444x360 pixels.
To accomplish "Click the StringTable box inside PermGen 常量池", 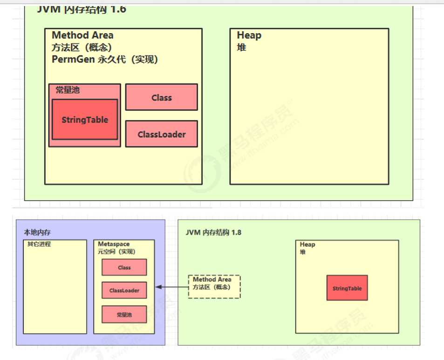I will pyautogui.click(x=85, y=120).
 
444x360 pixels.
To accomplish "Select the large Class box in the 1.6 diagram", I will pyautogui.click(x=161, y=97).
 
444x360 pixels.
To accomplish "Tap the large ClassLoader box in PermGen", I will pyautogui.click(x=161, y=134).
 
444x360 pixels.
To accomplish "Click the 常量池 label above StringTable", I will pyautogui.click(x=68, y=90).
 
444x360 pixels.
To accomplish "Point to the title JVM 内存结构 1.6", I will pyautogui.click(x=82, y=9).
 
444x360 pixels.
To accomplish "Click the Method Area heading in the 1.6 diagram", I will pyautogui.click(x=82, y=35).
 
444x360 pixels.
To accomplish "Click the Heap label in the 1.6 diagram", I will pyautogui.click(x=249, y=35).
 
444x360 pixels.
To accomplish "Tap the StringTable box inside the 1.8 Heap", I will pyautogui.click(x=347, y=288).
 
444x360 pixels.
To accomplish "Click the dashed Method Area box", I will pyautogui.click(x=214, y=286).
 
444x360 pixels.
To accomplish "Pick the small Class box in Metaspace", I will pyautogui.click(x=124, y=267).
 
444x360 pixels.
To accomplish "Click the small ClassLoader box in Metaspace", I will pyautogui.click(x=124, y=290).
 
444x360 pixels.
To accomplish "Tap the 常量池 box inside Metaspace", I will pyautogui.click(x=124, y=314).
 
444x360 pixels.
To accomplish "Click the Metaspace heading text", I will pyautogui.click(x=114, y=244).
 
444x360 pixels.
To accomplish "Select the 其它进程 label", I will pyautogui.click(x=39, y=244).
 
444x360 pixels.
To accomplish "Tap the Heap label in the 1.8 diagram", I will pyautogui.click(x=307, y=245).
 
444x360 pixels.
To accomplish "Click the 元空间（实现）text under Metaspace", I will pyautogui.click(x=116, y=251).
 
